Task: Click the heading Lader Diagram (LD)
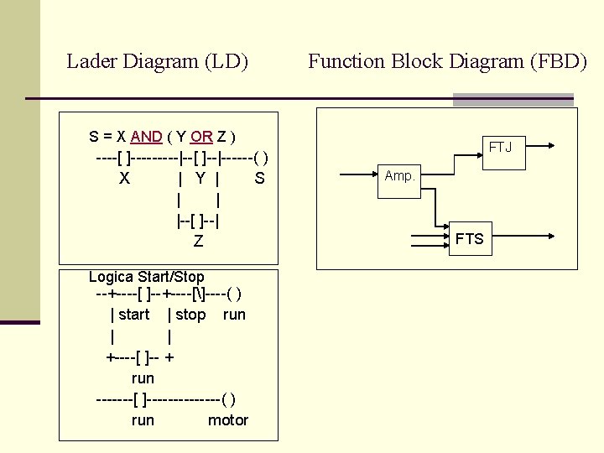point(157,61)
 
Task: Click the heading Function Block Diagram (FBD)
point(447,61)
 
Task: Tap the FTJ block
point(501,148)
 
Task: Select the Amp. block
point(399,176)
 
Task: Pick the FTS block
point(470,239)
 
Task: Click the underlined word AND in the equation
point(147,136)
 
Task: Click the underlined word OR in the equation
point(201,136)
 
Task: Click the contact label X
point(124,178)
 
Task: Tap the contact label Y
point(200,178)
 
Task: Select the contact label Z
point(198,242)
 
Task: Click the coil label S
point(259,178)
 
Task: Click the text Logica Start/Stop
point(146,277)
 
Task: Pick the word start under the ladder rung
point(133,315)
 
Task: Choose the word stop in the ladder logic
point(190,315)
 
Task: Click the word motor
point(228,420)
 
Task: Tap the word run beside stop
point(234,315)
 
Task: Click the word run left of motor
point(143,420)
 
